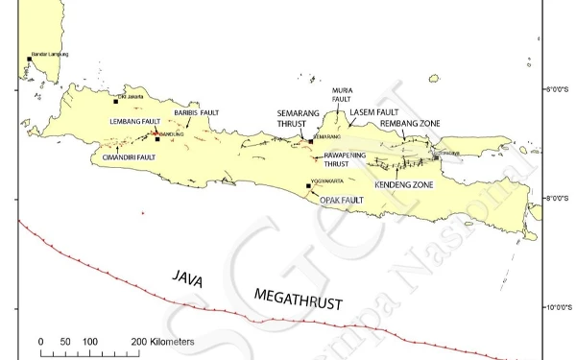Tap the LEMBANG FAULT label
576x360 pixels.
tap(133, 122)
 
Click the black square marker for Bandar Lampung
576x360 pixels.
tap(30, 59)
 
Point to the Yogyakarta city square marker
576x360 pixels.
tap(308, 186)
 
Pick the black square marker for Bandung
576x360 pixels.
tap(156, 140)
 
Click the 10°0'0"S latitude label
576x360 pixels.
tap(555, 308)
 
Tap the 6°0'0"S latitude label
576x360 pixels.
tap(555, 91)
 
